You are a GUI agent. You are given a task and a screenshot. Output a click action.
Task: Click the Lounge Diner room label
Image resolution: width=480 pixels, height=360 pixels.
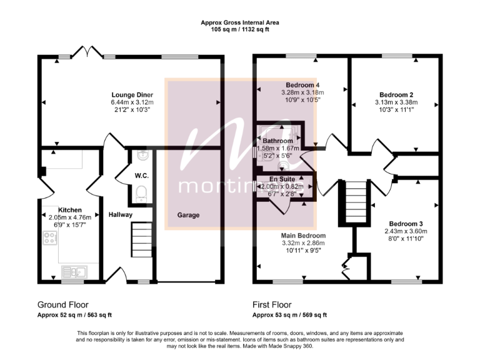[x=132, y=94]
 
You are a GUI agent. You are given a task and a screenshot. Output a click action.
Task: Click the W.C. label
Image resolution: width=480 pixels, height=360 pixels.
[x=141, y=176]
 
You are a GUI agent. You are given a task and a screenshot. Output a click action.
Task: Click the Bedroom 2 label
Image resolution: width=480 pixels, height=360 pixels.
[x=394, y=95]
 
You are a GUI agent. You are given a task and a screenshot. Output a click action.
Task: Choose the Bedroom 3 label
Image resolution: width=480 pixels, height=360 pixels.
[x=406, y=224]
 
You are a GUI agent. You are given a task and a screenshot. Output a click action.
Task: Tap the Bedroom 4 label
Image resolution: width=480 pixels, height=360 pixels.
[x=303, y=86]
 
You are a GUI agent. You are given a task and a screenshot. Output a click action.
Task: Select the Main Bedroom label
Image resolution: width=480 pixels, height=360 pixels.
[x=304, y=235]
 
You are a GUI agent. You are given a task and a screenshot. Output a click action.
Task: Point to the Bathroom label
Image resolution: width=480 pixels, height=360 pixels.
[x=277, y=141]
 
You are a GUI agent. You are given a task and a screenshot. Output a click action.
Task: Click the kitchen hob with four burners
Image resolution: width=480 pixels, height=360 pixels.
[x=50, y=237]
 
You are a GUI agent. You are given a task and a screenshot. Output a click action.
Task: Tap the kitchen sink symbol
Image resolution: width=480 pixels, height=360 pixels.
[x=75, y=272]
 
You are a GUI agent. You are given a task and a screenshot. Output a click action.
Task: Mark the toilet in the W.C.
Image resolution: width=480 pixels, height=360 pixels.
[x=141, y=192]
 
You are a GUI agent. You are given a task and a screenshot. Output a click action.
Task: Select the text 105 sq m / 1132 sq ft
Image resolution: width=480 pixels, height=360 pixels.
[x=239, y=29]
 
